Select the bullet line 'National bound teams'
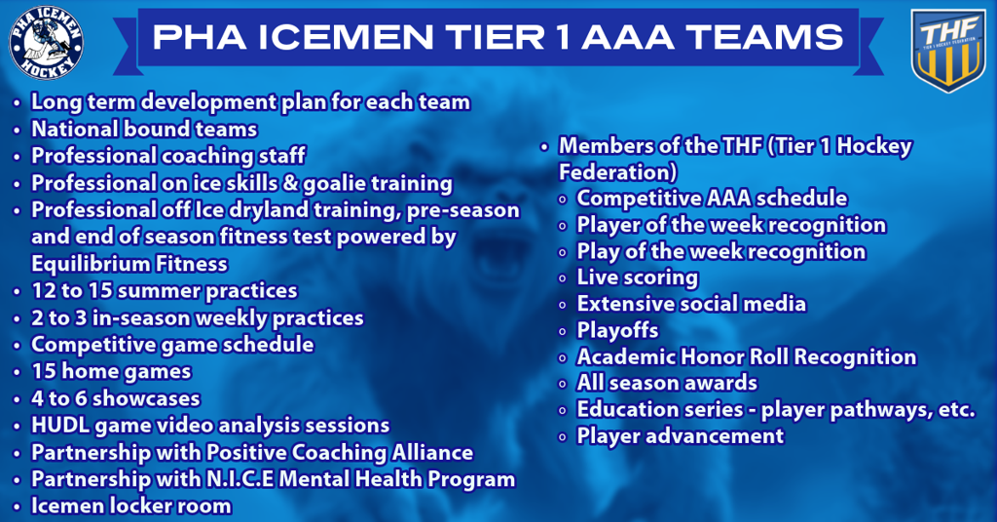pyautogui.click(x=144, y=129)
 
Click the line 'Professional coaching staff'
pyautogui.click(x=168, y=156)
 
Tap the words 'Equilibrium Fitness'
pyautogui.click(x=129, y=264)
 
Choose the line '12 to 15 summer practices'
pyautogui.click(x=164, y=291)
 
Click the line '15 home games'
pyautogui.click(x=111, y=371)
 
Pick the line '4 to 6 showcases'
pyautogui.click(x=116, y=398)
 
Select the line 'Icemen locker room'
pyautogui.click(x=131, y=505)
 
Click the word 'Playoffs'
pyautogui.click(x=617, y=330)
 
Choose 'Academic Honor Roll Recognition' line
pyautogui.click(x=746, y=357)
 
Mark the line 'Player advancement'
pyautogui.click(x=680, y=435)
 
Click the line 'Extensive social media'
pyautogui.click(x=691, y=304)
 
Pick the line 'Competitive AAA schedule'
pyautogui.click(x=712, y=199)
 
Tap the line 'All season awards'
pyautogui.click(x=667, y=383)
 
